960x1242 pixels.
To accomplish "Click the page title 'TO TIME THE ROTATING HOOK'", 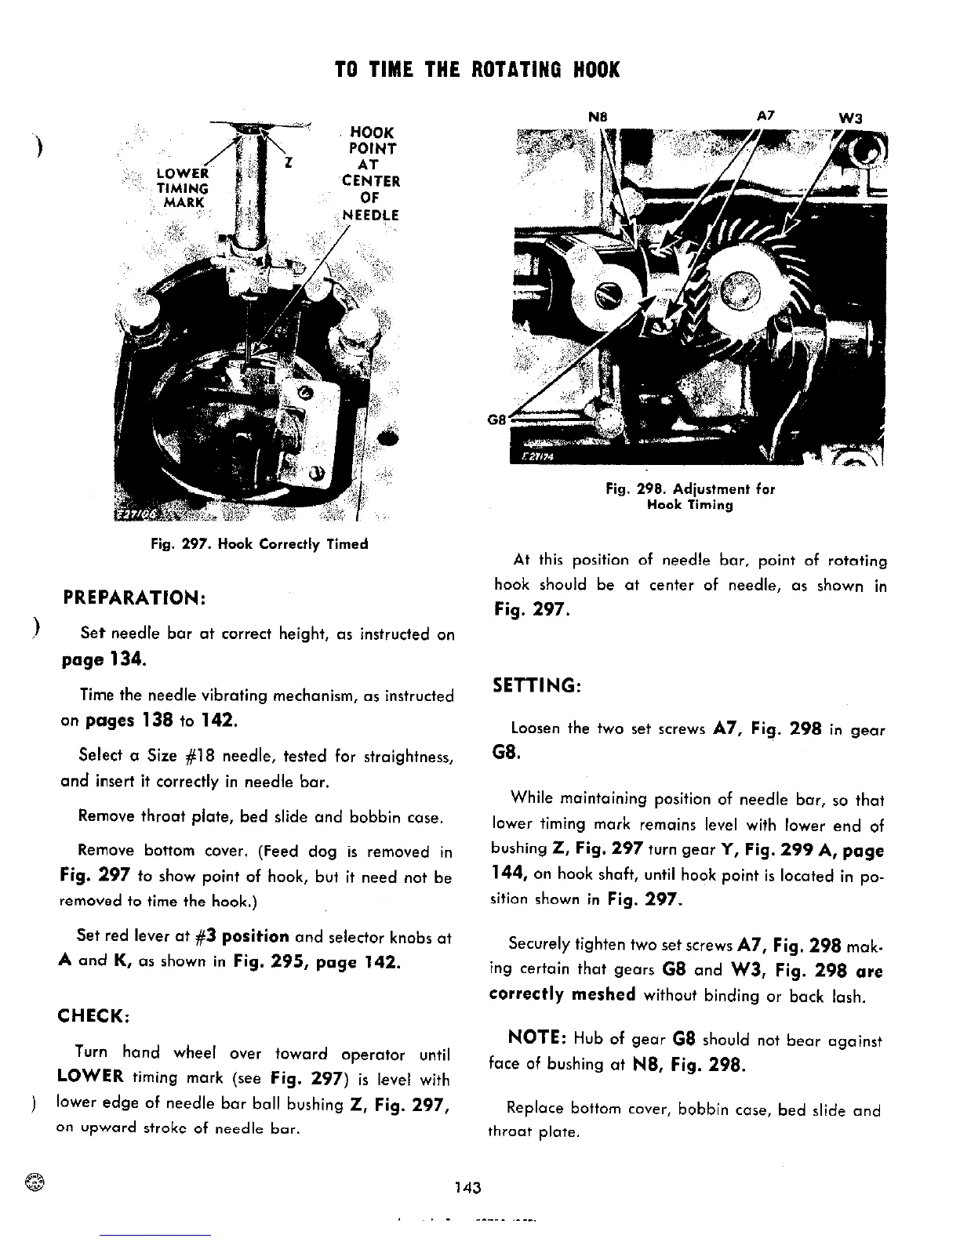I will [477, 70].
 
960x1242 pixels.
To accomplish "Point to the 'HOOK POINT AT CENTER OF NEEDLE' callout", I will [372, 173].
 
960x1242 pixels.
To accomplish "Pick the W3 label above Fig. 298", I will [850, 118].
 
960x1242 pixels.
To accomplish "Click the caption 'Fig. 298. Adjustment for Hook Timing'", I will [690, 497].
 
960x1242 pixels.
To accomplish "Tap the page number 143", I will [467, 1187].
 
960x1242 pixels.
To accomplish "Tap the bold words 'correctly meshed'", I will [562, 995].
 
